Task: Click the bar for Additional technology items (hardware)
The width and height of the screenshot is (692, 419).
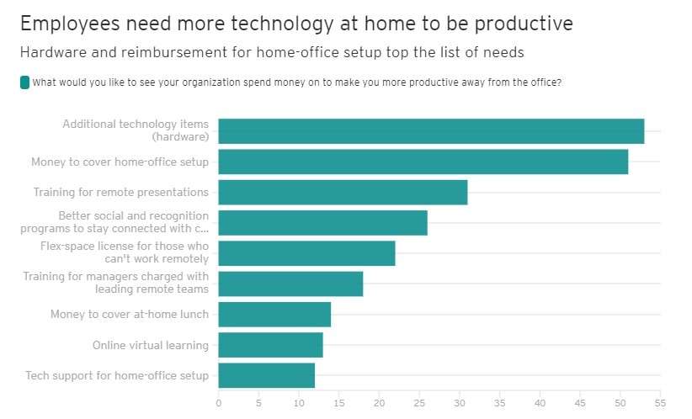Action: point(431,131)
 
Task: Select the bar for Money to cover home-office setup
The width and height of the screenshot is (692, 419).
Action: point(423,162)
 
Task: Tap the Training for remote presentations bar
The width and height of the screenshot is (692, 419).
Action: point(343,192)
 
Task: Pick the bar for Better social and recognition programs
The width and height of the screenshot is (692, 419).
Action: point(322,222)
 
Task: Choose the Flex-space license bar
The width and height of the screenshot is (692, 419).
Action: point(306,253)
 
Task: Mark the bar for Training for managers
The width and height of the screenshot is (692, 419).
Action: point(290,284)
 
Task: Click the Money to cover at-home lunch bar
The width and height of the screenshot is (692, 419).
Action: point(274,315)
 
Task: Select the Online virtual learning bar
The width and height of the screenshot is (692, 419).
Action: point(270,345)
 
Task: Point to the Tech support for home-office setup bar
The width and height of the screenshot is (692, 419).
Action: point(266,375)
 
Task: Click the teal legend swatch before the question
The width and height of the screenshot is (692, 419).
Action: point(24,82)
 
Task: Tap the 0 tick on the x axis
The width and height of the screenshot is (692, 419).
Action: point(219,403)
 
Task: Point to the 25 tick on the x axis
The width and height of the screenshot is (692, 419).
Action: point(419,403)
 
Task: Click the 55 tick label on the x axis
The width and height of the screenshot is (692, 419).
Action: point(660,403)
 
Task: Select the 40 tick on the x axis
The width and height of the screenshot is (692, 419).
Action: point(540,403)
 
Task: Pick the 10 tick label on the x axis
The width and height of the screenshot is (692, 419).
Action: point(299,403)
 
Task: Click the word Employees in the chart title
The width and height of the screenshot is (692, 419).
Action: point(67,24)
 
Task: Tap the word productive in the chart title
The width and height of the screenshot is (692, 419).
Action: point(525,24)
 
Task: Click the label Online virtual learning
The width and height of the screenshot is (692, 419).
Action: point(150,345)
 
